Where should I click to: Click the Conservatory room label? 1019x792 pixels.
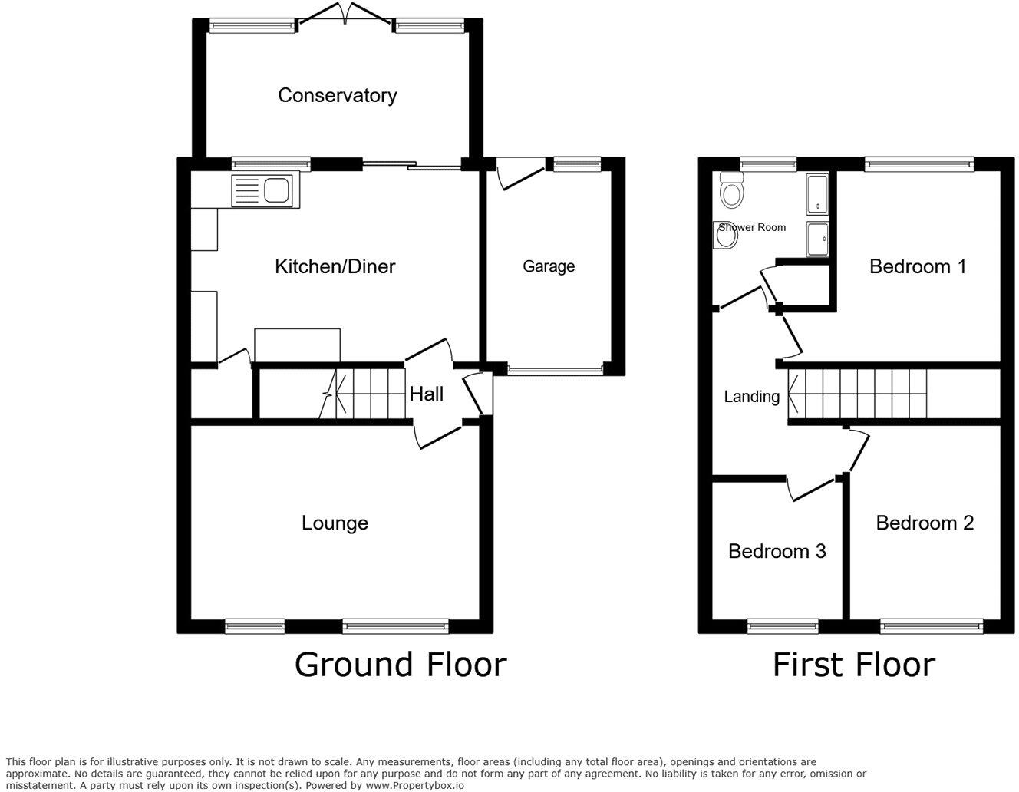(337, 95)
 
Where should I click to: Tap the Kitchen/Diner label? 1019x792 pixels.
(335, 266)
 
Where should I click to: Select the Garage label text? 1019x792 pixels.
(549, 266)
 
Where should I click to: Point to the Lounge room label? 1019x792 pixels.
(335, 523)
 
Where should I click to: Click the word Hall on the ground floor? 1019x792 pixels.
(426, 394)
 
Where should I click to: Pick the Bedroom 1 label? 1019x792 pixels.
(917, 266)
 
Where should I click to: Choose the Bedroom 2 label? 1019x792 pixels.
(925, 523)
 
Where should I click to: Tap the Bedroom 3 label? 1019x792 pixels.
(777, 551)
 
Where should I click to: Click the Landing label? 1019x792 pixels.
(751, 396)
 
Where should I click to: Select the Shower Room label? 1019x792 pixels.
(753, 227)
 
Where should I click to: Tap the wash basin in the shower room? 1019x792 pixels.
(725, 236)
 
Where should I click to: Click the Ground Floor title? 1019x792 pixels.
(401, 665)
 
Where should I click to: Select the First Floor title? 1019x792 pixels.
(853, 665)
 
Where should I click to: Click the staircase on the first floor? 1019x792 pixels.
(857, 394)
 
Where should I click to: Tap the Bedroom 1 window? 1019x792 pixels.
(918, 162)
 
